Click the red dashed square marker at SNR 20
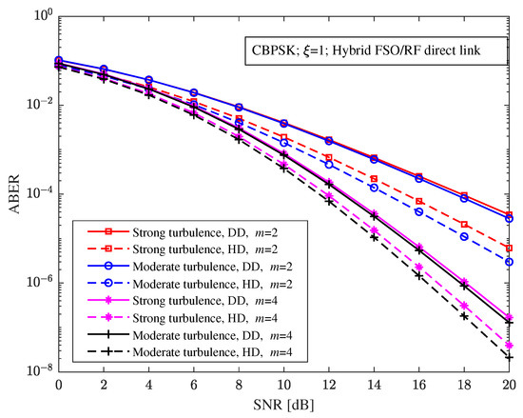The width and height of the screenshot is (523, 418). pyautogui.click(x=509, y=248)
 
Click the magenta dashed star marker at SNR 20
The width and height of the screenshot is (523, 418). pyautogui.click(x=509, y=345)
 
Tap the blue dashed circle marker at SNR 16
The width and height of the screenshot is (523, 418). pyautogui.click(x=419, y=211)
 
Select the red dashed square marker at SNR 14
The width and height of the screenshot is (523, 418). pyautogui.click(x=374, y=178)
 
